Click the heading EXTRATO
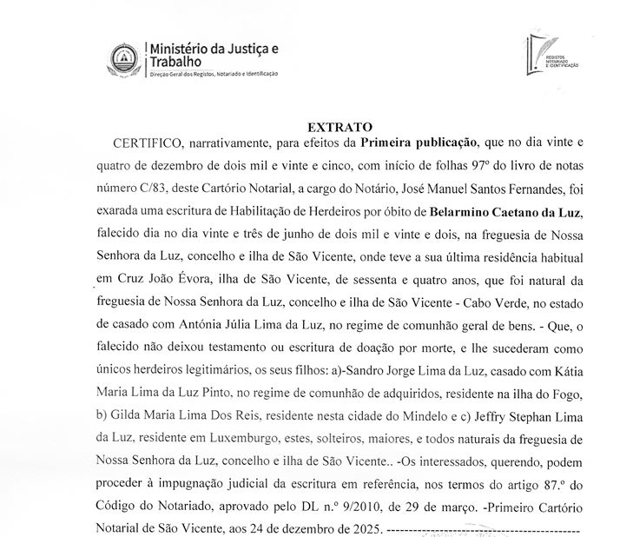pyautogui.click(x=339, y=125)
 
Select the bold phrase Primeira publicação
pyautogui.click(x=416, y=142)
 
